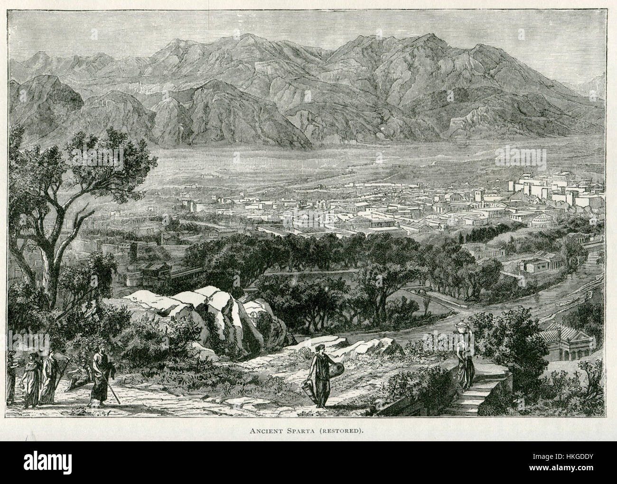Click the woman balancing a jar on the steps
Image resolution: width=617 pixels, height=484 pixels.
[x=464, y=361]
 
